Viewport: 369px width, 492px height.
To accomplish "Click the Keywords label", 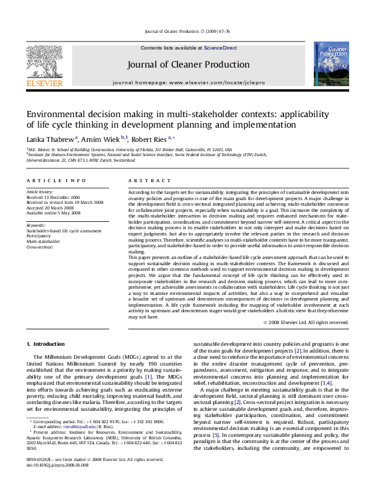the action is click(36, 224).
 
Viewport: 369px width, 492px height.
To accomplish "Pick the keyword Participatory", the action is click(40, 235).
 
